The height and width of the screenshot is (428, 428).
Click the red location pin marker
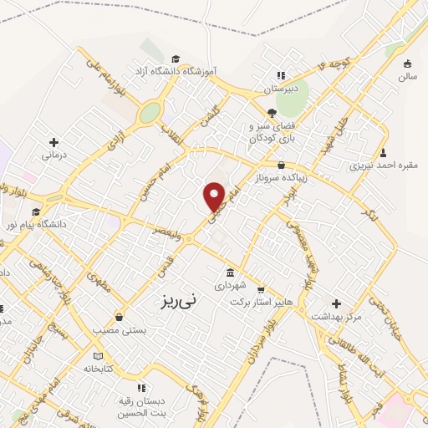pos(214,196)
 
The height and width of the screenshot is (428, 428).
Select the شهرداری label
pos(232,286)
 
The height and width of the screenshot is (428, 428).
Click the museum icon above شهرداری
pos(231,273)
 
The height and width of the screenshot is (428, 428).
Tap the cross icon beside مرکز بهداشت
pos(337,303)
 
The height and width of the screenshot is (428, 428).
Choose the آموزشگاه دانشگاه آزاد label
pos(177,74)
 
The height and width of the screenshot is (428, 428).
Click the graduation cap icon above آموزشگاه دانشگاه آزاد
pos(176,59)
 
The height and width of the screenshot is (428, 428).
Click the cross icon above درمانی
pos(54,142)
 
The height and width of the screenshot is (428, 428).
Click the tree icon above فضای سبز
pos(272,113)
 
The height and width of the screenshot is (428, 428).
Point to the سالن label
pos(407,77)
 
